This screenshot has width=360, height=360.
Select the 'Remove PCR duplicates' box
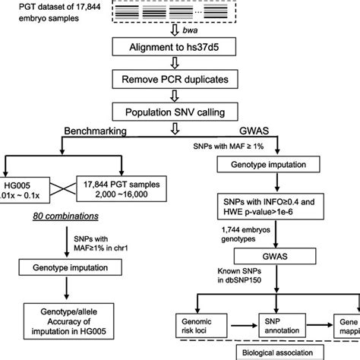[x=180, y=79]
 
